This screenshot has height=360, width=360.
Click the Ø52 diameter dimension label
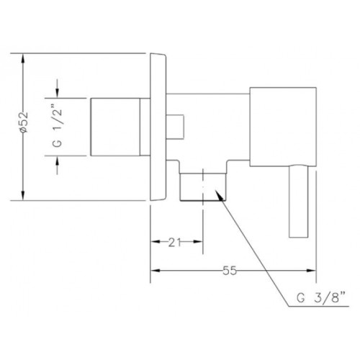[x=24, y=122]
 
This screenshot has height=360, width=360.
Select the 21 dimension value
[x=174, y=243]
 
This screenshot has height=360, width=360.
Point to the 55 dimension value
[x=230, y=271]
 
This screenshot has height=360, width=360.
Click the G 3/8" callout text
[x=321, y=298]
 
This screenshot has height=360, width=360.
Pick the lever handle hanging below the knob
[x=299, y=202]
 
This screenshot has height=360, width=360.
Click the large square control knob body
[x=283, y=127]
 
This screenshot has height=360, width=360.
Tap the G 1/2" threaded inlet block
[x=115, y=127]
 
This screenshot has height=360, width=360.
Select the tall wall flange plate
[x=158, y=127]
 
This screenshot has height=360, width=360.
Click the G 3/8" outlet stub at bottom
[x=203, y=186]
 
